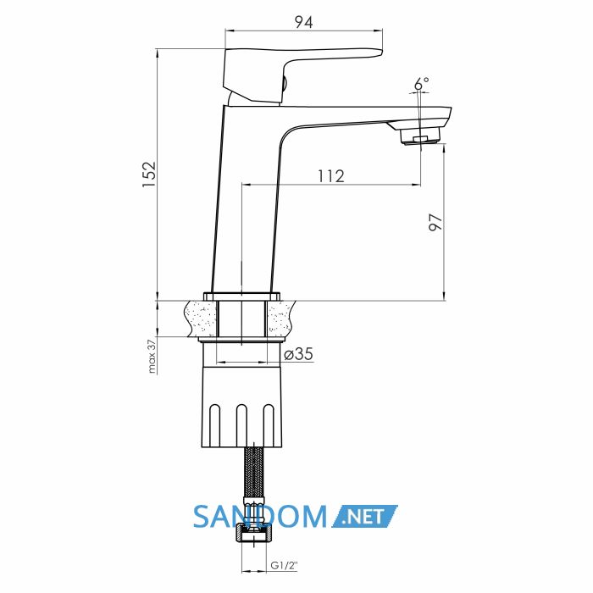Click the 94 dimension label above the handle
(304, 23)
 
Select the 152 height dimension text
(149, 174)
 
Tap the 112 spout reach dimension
(331, 176)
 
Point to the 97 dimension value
(435, 222)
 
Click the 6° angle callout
(421, 83)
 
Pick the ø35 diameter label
(299, 354)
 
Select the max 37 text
(152, 357)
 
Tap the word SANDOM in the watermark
(260, 517)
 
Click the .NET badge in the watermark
(365, 516)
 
